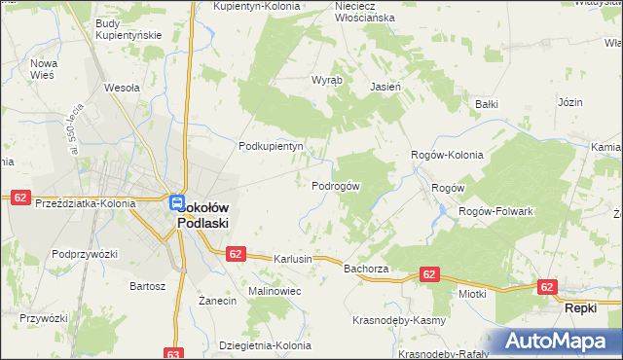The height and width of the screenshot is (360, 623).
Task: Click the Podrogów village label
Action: point(336,186)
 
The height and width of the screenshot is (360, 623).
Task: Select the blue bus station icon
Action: point(176,202)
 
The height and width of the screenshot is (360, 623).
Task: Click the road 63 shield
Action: point(174,353)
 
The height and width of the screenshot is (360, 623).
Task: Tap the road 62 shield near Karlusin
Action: point(234,253)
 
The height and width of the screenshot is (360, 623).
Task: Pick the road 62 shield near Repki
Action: point(546,287)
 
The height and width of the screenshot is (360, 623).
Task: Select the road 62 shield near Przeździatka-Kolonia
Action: point(19,198)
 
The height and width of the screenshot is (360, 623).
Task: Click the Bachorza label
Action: point(366,268)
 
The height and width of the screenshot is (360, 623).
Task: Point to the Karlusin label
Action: point(292,260)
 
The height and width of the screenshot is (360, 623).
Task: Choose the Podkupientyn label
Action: point(272,147)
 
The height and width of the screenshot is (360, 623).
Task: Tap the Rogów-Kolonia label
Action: point(448,155)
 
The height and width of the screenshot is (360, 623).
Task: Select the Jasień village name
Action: point(385,87)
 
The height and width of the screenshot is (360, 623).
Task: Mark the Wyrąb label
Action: point(325,80)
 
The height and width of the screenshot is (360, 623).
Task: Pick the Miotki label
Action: point(472,292)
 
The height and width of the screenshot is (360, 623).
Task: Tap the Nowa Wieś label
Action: point(45,69)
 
